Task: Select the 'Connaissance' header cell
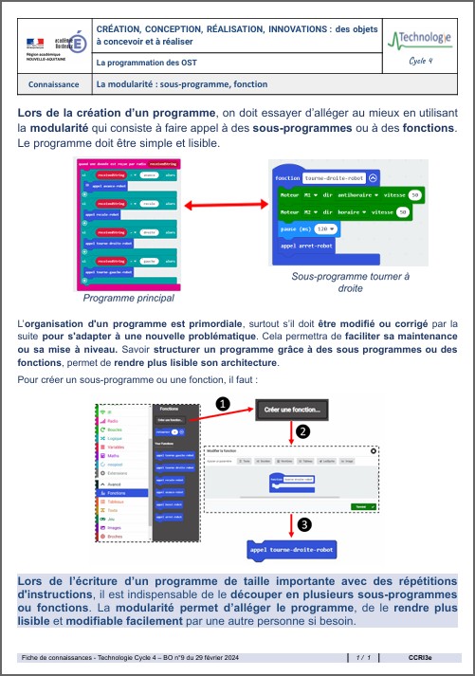(54, 84)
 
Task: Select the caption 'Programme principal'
(129, 298)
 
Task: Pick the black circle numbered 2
(302, 431)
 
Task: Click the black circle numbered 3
(302, 523)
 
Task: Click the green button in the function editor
(360, 506)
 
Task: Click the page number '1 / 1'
(363, 657)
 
